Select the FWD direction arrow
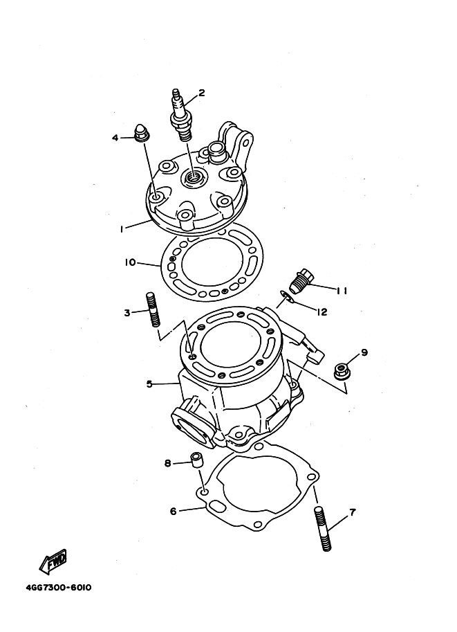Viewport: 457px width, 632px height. pos(53,562)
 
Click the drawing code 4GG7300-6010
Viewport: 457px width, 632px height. pos(59,587)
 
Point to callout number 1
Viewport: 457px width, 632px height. pos(121,228)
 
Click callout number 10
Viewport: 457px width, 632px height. pos(130,263)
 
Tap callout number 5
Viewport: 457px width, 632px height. pos(149,383)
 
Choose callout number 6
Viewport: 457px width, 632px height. pos(173,511)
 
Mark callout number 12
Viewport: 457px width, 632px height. pos(321,312)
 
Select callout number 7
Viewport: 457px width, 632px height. pos(353,512)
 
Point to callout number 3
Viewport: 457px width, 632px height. pos(127,312)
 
